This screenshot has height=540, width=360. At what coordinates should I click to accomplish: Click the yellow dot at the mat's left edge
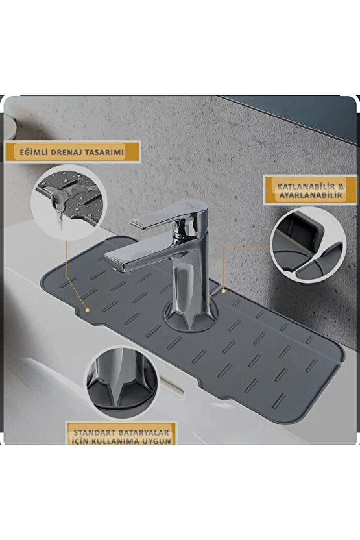pyautogui.click(x=88, y=310)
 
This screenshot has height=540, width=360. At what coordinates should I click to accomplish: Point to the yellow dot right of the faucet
pyautogui.click(x=223, y=291)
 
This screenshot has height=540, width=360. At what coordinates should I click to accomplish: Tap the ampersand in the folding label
pyautogui.click(x=341, y=187)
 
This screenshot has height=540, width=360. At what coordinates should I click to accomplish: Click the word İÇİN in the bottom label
pyautogui.click(x=81, y=441)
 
